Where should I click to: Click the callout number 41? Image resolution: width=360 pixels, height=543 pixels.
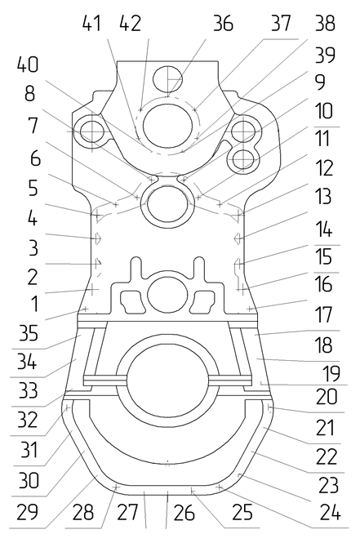point(91,23)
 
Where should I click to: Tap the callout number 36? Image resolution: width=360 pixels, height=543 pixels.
point(224,23)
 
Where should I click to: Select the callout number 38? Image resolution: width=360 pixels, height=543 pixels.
point(326,23)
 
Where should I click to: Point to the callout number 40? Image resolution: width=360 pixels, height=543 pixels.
point(28,65)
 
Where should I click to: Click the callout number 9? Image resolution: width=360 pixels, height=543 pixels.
point(320,82)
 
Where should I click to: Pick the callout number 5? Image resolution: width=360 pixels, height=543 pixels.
point(33,188)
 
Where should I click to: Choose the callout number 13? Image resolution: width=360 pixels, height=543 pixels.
point(323,196)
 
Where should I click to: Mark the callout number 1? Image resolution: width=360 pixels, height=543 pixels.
point(33,304)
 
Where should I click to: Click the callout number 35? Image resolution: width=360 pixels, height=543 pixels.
point(29,333)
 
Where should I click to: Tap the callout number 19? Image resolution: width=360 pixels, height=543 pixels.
point(331,373)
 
